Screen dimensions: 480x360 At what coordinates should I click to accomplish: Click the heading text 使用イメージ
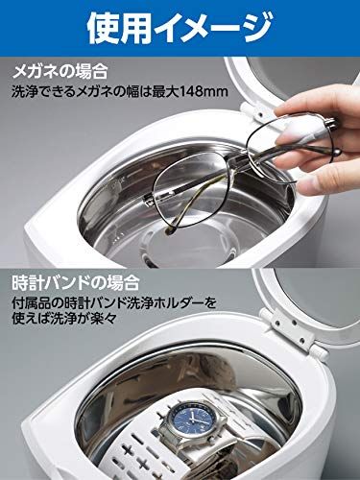180,29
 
